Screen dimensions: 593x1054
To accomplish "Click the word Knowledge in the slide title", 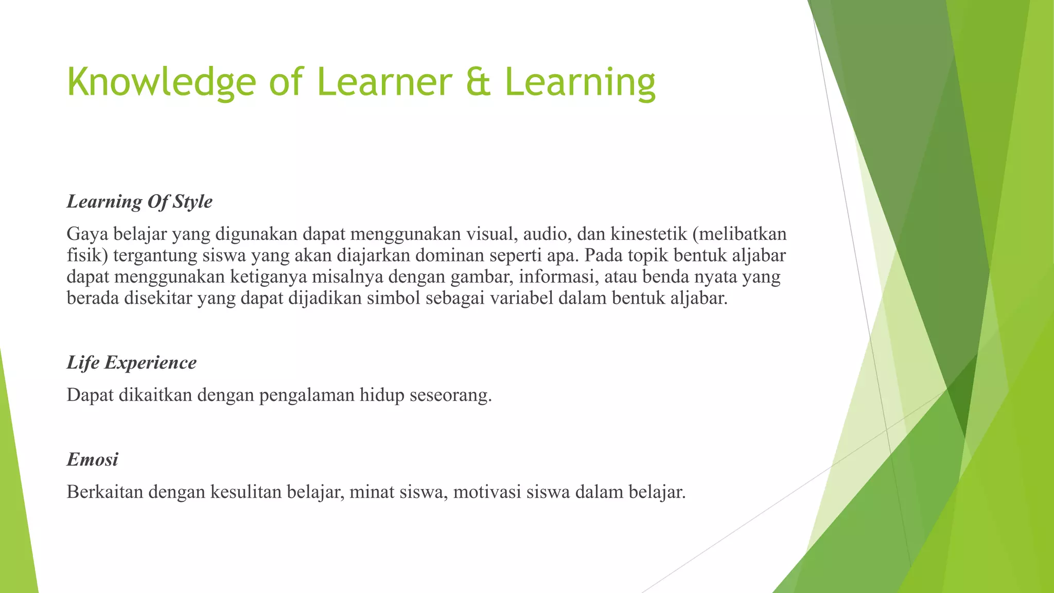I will coord(161,82).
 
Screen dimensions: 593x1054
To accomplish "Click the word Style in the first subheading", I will coord(192,201).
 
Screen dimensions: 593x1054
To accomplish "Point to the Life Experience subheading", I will coord(132,362).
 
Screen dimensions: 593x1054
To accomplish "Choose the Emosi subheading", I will coord(93,459).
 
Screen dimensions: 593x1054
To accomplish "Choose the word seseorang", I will coord(450,395).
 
